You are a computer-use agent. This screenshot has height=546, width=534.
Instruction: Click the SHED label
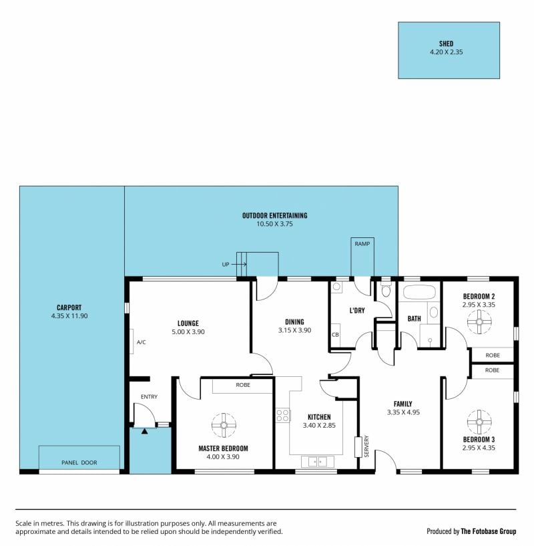click(446, 43)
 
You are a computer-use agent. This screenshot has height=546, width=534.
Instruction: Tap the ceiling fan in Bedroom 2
click(479, 321)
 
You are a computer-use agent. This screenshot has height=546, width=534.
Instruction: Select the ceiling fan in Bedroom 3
click(479, 422)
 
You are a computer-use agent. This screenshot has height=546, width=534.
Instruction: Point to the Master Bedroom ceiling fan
click(224, 425)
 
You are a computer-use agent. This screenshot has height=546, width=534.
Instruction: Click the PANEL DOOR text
click(79, 462)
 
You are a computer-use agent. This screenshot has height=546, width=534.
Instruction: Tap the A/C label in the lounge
click(142, 342)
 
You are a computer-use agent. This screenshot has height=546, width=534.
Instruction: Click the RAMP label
click(362, 244)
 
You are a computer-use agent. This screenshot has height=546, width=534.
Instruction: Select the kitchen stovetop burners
click(283, 415)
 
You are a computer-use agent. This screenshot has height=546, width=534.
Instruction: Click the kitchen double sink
click(318, 462)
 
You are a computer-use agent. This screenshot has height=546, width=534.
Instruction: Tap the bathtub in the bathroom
click(417, 293)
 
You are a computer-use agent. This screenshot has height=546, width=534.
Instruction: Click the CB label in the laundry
click(335, 335)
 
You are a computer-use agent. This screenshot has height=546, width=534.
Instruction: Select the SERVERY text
click(366, 446)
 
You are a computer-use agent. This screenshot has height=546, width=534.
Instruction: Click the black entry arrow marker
click(144, 432)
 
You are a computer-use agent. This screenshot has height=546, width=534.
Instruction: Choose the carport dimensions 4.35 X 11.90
click(69, 316)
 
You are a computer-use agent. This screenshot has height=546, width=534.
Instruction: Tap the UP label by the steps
click(226, 264)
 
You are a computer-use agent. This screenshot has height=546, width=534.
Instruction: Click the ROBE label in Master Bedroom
click(243, 385)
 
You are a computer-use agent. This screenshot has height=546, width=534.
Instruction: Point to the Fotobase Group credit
click(471, 531)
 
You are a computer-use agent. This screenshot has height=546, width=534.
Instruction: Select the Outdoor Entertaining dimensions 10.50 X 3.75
click(274, 224)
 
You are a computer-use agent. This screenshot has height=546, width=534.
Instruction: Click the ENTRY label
click(149, 396)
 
